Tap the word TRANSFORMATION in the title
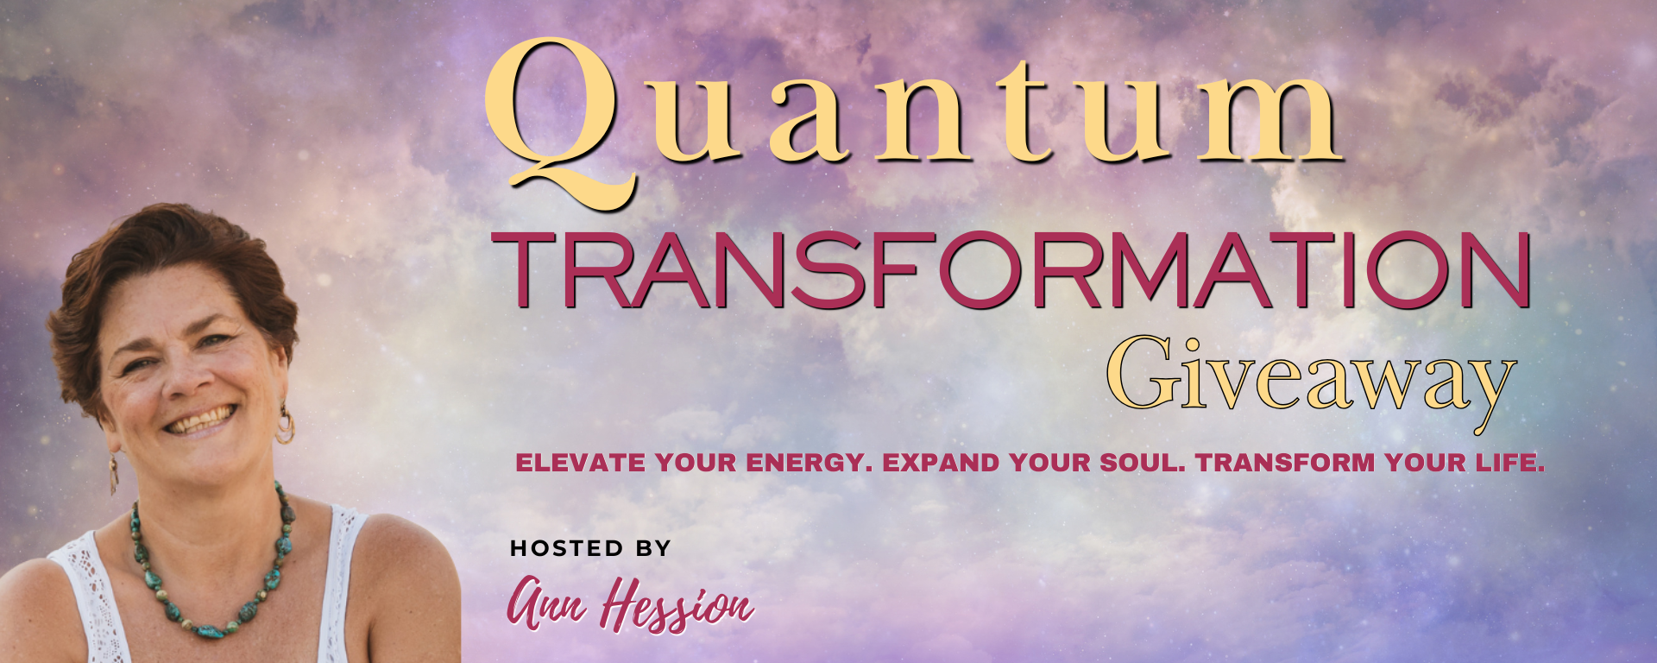pyautogui.click(x=1011, y=270)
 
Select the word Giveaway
pyautogui.click(x=1311, y=380)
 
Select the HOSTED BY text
pyautogui.click(x=590, y=548)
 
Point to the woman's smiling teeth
pyautogui.click(x=200, y=420)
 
